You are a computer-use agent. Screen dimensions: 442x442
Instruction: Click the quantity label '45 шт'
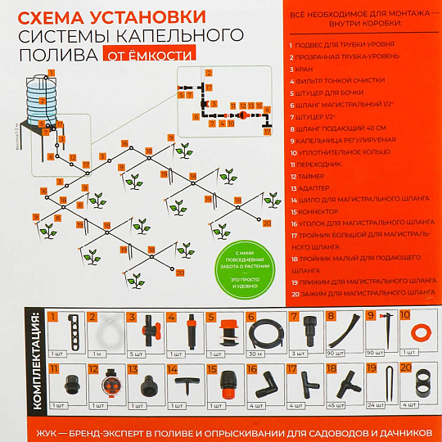pyautogui.click(x=336, y=404)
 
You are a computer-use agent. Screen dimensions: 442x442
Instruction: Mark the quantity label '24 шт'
pyautogui.click(x=376, y=404)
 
